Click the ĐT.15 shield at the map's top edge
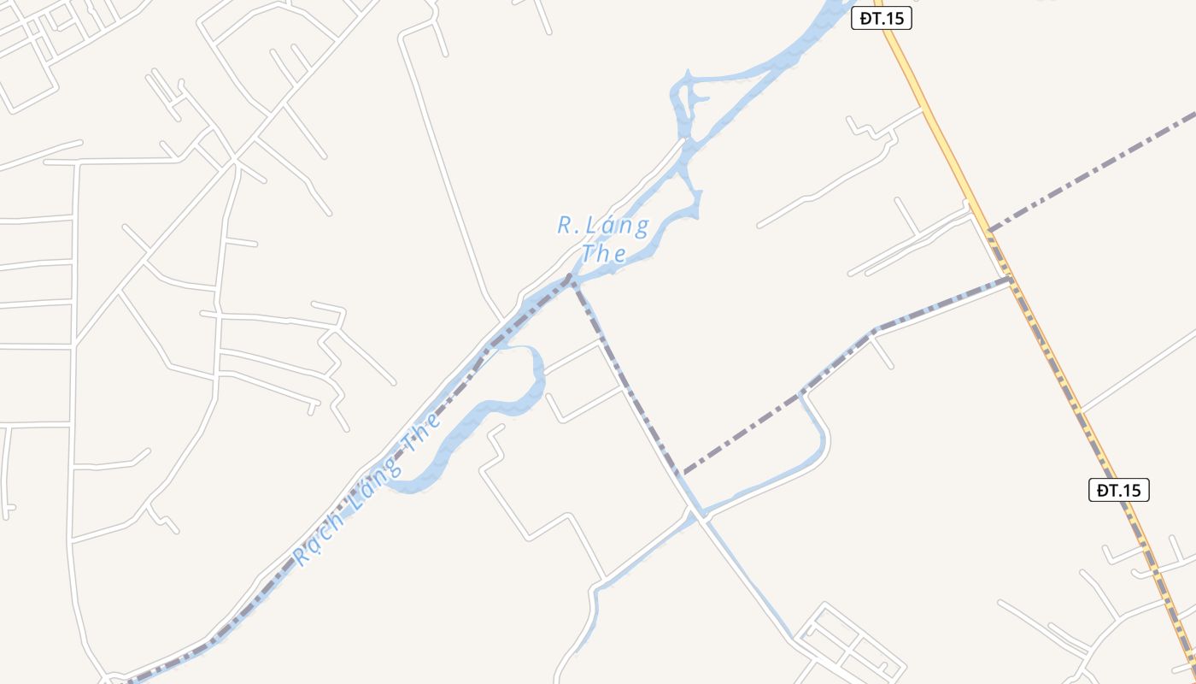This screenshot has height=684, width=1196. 882,19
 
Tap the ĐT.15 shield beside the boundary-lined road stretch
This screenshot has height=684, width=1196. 1118,490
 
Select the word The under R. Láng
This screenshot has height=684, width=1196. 604,254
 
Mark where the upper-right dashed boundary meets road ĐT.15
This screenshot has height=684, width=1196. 988,230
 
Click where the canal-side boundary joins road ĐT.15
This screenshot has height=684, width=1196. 1011,279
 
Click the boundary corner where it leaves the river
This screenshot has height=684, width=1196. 572,277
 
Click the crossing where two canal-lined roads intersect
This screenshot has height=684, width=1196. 701,516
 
